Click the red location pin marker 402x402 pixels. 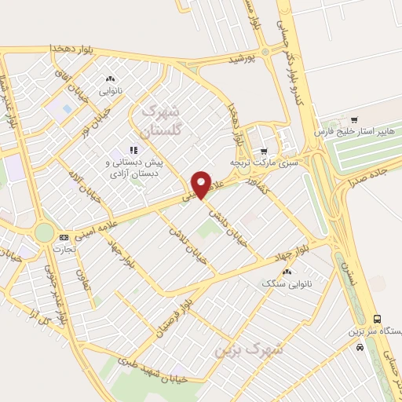coord(203,184)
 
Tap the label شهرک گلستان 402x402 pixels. coord(163,119)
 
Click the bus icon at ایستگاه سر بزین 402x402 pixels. coord(378,320)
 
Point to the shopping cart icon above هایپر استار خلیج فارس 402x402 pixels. coord(354,119)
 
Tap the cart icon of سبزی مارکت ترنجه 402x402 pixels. coord(264,152)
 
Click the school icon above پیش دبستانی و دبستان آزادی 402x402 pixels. coord(133,149)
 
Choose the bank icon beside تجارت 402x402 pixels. coord(64,236)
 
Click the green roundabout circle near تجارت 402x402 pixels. coord(45,232)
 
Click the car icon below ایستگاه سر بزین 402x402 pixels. coord(358,346)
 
